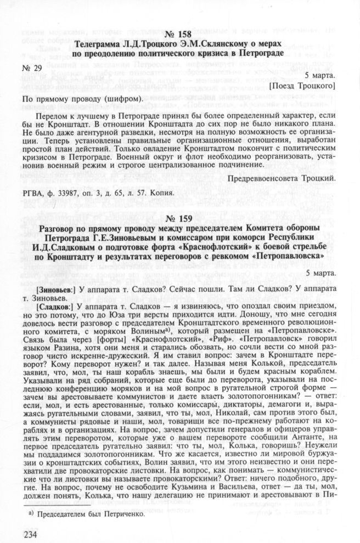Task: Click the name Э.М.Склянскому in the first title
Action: [x=210, y=44]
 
